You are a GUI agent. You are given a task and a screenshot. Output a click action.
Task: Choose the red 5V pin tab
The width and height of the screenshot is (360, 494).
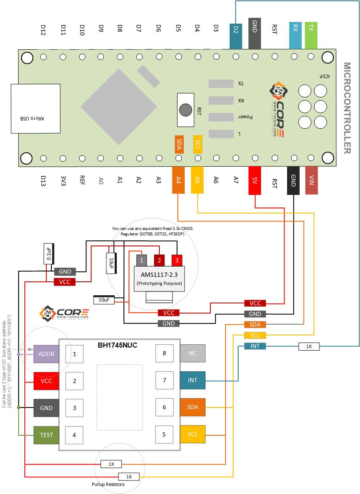pyautogui.click(x=255, y=181)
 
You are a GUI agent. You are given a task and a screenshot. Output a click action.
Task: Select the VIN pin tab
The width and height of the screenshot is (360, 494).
pyautogui.click(x=312, y=181)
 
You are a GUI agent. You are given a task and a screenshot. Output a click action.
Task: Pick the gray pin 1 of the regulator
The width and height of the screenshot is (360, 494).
pyautogui.click(x=141, y=260)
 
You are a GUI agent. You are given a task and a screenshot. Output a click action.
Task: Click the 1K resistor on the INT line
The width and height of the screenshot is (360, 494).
pyautogui.click(x=309, y=346)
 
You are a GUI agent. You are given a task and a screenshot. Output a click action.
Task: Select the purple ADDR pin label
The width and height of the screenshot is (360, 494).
pyautogui.click(x=46, y=354)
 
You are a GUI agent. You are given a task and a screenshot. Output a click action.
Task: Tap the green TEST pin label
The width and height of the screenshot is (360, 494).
pyautogui.click(x=46, y=435)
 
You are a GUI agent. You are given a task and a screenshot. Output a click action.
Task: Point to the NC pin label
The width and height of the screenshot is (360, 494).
pyautogui.click(x=193, y=353)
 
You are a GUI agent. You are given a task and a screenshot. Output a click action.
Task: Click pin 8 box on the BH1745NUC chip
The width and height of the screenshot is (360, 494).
pyautogui.click(x=164, y=353)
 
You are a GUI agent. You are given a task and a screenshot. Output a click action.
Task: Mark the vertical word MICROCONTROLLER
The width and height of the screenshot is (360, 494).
pyautogui.click(x=347, y=108)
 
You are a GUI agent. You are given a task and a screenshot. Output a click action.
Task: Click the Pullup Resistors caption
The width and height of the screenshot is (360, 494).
pyautogui.click(x=108, y=485)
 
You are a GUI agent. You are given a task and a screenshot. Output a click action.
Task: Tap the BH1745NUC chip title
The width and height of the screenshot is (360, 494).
pyautogui.click(x=118, y=345)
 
